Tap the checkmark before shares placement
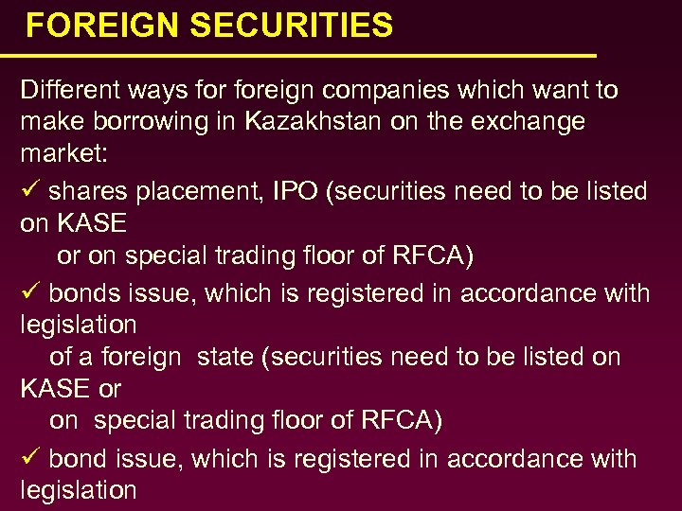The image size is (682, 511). [x=29, y=190]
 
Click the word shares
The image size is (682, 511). [x=89, y=191]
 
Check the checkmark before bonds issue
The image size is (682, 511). [x=29, y=292]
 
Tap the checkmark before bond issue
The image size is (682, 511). [x=29, y=458]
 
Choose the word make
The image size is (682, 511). [x=49, y=121]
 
